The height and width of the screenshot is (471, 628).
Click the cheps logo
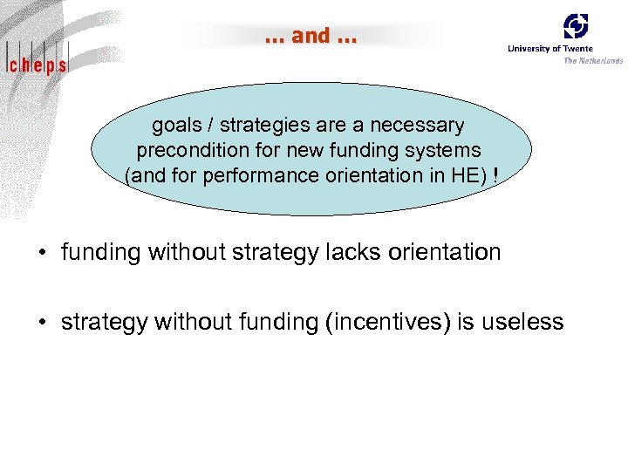coord(36,64)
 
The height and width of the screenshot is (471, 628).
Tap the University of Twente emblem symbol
coord(576,26)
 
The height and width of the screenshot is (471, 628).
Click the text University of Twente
coord(550,49)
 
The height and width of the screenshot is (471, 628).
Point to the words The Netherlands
coord(593,60)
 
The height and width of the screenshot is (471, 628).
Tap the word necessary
coord(416,126)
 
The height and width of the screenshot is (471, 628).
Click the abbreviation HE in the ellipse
coord(465,175)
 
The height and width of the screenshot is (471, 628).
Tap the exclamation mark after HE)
coord(495,175)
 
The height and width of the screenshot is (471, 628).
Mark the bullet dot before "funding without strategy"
coord(42,254)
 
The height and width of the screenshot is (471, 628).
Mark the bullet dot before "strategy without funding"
coord(42,323)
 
